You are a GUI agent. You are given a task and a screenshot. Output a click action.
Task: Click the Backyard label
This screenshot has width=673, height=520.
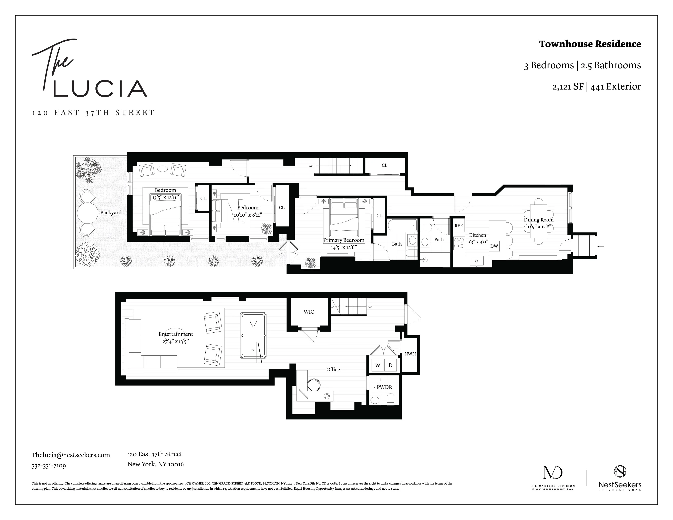[x=111, y=212]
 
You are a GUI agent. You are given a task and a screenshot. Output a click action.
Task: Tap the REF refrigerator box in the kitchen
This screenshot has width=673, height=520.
[x=458, y=226]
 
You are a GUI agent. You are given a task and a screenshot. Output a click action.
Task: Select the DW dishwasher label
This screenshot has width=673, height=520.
[x=494, y=246]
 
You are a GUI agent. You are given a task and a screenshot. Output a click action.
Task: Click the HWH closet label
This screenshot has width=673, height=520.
[x=410, y=354]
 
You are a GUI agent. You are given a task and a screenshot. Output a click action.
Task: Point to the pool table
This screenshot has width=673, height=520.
[x=253, y=335]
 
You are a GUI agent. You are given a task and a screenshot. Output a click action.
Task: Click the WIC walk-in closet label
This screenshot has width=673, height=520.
[x=309, y=312]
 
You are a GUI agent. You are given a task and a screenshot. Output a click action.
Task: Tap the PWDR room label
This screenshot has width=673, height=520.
[x=384, y=387]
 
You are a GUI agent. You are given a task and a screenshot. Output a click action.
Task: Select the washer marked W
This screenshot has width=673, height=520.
[x=377, y=365]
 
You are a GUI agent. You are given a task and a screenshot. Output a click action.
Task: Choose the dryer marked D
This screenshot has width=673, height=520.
[x=390, y=365]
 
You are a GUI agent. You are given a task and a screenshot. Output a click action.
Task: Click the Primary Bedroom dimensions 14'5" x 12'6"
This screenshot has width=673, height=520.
[x=344, y=247]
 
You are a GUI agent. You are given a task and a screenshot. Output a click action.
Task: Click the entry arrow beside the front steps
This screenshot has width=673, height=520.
[x=601, y=247]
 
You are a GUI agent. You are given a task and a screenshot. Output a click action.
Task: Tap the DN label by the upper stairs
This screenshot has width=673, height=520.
[x=311, y=166]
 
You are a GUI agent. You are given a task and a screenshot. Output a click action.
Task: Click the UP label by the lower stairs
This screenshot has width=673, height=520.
[x=370, y=306]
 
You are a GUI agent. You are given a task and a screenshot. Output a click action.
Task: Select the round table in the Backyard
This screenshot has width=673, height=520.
[x=87, y=212]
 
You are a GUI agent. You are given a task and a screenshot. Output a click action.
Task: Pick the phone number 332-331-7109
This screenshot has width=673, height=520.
[x=49, y=466]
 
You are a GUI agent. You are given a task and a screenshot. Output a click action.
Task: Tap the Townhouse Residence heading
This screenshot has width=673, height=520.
[x=590, y=44]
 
